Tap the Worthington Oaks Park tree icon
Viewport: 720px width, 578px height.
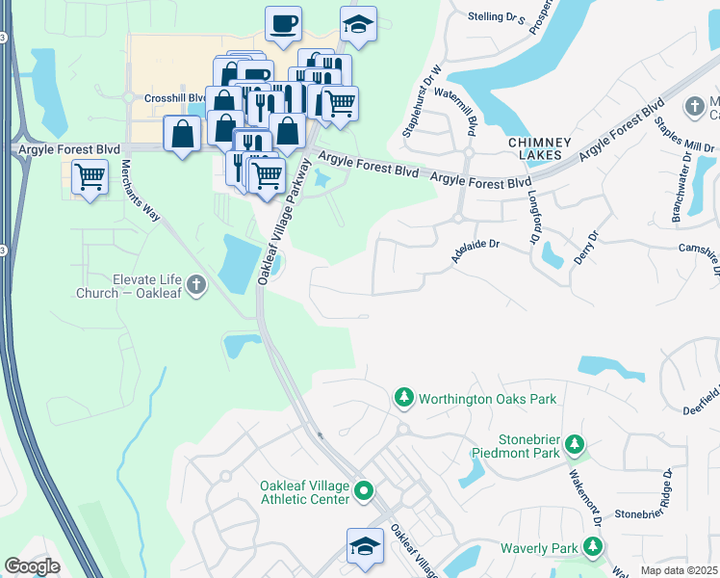pos(404,398)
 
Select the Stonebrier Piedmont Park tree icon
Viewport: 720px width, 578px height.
pos(575,443)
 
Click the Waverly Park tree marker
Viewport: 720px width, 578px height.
pos(593,548)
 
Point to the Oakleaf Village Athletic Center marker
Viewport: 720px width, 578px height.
pos(363,492)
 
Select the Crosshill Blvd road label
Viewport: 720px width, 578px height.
pos(175,97)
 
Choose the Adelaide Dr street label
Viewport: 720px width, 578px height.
pos(476,250)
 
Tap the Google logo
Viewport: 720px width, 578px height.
pos(32,566)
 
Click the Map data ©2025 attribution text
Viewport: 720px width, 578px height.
pos(680,570)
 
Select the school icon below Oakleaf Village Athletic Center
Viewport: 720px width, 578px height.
pos(365,545)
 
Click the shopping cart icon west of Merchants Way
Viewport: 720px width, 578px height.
pos(90,177)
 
